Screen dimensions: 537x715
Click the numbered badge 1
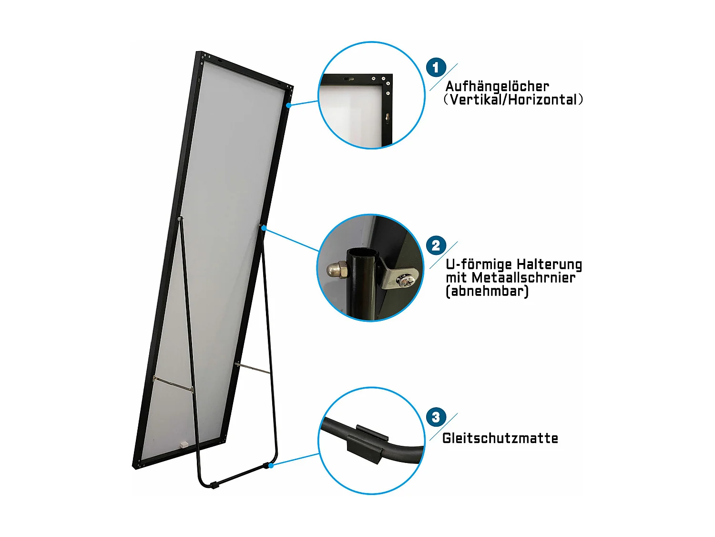tap(436, 68)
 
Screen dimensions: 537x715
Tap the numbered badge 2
tap(436, 246)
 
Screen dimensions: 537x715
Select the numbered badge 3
tap(436, 417)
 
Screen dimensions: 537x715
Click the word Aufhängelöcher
tap(497, 86)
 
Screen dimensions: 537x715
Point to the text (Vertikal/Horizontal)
tap(513, 100)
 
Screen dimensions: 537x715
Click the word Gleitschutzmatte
tap(500, 438)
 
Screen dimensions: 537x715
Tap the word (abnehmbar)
tap(487, 291)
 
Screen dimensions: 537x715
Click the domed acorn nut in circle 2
tap(337, 270)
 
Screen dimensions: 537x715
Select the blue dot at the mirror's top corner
tap(289, 105)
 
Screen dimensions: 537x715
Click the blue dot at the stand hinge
tap(264, 228)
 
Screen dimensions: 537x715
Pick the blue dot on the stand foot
tap(271, 465)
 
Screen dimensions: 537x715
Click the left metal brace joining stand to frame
tap(173, 384)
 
